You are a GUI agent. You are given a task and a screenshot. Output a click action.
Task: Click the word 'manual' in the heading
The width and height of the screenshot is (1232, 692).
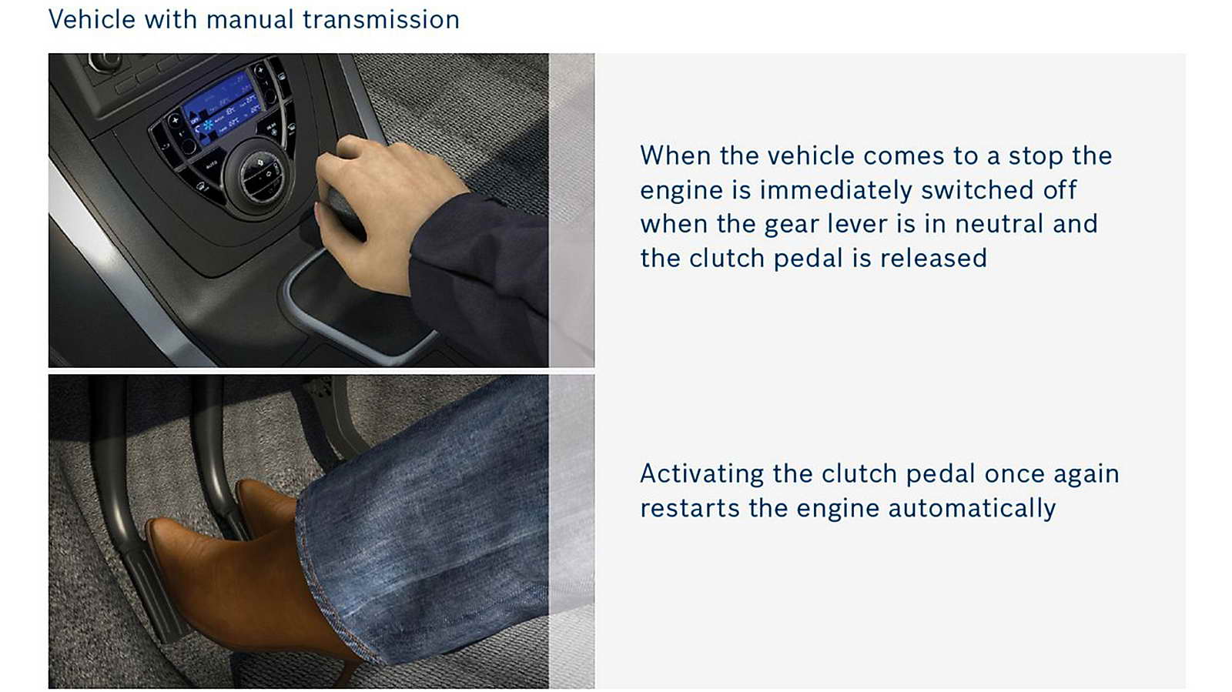[x=249, y=20]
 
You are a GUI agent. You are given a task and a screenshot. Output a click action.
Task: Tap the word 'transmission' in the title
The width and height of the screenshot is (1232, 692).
[x=381, y=20]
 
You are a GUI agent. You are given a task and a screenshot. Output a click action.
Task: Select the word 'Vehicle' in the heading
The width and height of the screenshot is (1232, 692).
[x=92, y=20]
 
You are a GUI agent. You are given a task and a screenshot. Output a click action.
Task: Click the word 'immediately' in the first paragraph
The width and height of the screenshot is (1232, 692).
[x=835, y=191]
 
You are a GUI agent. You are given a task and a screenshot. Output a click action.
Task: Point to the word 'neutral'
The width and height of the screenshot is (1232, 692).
[x=999, y=224]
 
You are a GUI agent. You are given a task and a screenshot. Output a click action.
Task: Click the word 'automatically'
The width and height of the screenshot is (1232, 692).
[x=972, y=509]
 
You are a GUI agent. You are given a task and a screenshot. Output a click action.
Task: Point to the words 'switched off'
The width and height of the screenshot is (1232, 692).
[x=999, y=190]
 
